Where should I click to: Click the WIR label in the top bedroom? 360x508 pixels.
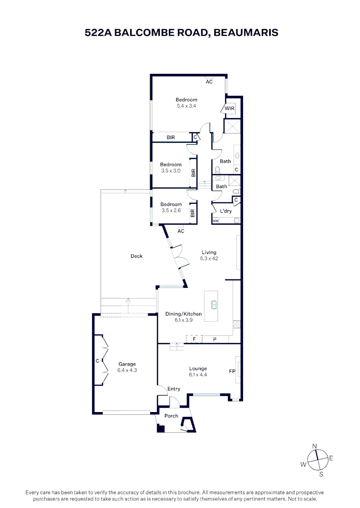229,109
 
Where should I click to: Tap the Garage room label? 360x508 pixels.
127,364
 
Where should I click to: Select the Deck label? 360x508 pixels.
136,256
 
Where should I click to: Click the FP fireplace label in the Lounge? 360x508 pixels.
232,372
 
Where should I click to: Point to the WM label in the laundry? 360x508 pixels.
216,221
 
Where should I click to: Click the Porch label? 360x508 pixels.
171,416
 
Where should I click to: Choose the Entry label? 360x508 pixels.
174,389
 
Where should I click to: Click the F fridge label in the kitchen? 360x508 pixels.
194,339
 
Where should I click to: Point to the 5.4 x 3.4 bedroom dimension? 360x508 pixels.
186,106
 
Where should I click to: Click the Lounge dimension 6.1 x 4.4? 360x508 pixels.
198,375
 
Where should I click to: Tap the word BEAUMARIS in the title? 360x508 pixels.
245,32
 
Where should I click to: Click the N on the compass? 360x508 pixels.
315,445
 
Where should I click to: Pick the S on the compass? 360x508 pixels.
321,474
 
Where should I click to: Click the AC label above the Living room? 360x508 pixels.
181,231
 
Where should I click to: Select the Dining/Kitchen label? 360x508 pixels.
183,314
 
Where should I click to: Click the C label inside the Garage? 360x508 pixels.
97,361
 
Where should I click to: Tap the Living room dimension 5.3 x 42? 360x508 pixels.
209,258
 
